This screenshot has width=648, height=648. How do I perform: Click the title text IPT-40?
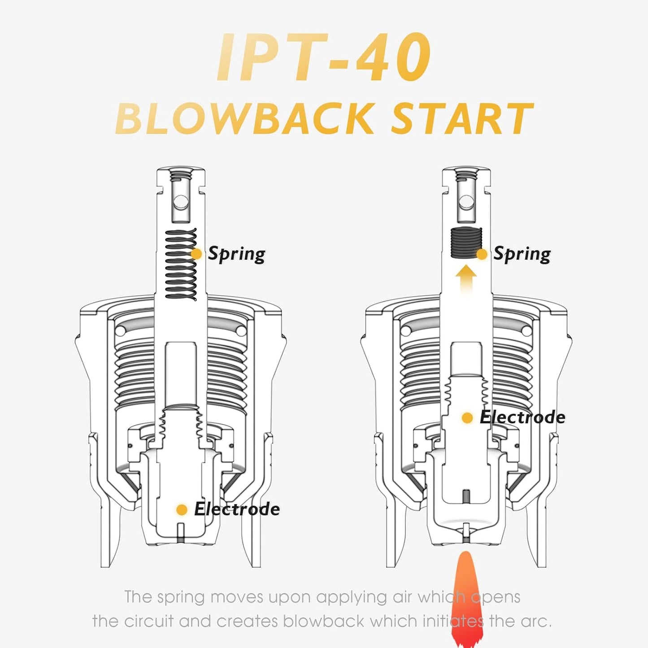pyautogui.click(x=324, y=57)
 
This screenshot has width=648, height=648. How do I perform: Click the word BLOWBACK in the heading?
pyautogui.click(x=245, y=118)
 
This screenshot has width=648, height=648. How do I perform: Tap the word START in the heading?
pyautogui.click(x=462, y=118)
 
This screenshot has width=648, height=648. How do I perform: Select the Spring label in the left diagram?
pyautogui.click(x=237, y=254)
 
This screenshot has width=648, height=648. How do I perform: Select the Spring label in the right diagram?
pyautogui.click(x=522, y=254)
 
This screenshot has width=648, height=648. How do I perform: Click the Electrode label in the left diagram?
pyautogui.click(x=237, y=509)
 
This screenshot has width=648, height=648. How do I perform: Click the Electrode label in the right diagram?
pyautogui.click(x=522, y=417)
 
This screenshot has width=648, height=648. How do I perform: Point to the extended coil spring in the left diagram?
pyautogui.click(x=181, y=264)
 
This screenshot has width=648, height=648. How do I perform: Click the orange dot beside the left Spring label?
pyautogui.click(x=196, y=254)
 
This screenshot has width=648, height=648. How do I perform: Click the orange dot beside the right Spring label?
pyautogui.click(x=482, y=254)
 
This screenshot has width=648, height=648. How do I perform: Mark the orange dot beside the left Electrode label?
pyautogui.click(x=182, y=509)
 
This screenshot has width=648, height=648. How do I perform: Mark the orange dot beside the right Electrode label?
pyautogui.click(x=467, y=418)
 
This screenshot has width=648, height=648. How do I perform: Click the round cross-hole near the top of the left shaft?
pyautogui.click(x=181, y=202)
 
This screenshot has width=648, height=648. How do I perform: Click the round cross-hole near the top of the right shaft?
pyautogui.click(x=467, y=203)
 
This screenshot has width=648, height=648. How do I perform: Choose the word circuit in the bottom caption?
pyautogui.click(x=148, y=621)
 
